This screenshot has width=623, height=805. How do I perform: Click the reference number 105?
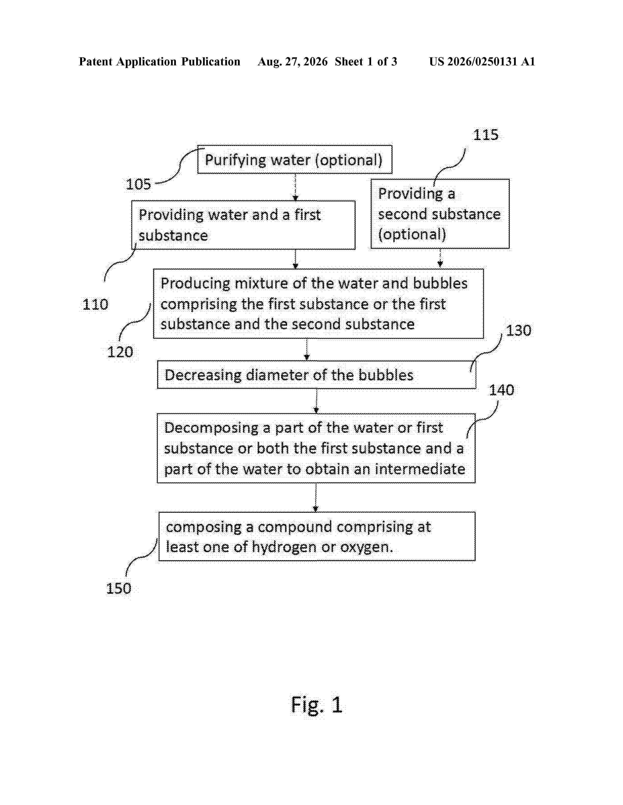point(138,184)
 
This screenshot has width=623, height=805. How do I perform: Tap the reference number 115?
point(486,135)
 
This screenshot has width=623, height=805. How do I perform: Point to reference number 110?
point(95,304)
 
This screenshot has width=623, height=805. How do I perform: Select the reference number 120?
point(120,352)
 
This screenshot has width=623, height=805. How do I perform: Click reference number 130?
point(518,331)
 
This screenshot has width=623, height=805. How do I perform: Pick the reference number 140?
point(502,390)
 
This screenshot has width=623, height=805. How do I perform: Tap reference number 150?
point(118,588)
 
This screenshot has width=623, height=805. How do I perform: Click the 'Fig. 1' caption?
point(317,705)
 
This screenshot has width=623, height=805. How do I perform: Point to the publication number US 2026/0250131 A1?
point(482,61)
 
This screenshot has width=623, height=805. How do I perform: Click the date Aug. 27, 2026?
point(293,61)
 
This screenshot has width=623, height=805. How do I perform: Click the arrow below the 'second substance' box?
point(440,258)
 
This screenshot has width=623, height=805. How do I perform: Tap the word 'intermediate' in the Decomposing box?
point(420,469)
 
